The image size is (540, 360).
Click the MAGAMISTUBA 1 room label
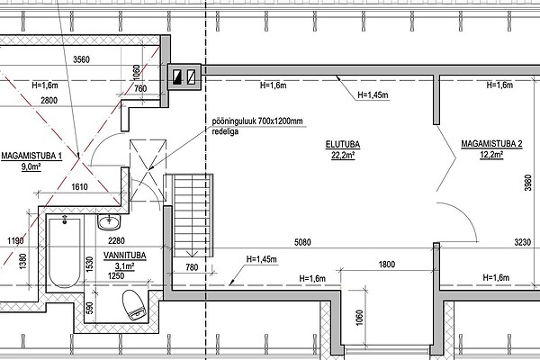pos(31,156)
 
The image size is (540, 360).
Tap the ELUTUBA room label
pos(343,144)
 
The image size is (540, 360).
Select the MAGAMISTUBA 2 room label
pos(491,144)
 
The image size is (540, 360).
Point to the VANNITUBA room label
pos(125,256)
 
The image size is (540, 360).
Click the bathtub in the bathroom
pos(65,253)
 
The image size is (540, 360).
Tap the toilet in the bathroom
pos(135,305)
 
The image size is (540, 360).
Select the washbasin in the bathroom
pos(109,222)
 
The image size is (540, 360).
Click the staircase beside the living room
pos(193,215)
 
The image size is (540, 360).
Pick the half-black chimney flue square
pos(177,77)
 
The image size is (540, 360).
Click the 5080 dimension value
pos(302,242)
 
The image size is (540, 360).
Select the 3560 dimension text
pos(81,60)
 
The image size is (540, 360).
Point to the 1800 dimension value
pos(387,265)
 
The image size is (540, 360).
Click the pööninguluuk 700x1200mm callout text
pos(257,121)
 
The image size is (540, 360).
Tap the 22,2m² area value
pos(343,156)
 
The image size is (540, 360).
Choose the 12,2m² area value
pos(491,155)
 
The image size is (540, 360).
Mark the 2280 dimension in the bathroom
pos(116,241)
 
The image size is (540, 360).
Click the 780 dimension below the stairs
pos(192,267)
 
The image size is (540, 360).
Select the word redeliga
pos(225,131)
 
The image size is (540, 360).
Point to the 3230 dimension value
pos(523,242)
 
